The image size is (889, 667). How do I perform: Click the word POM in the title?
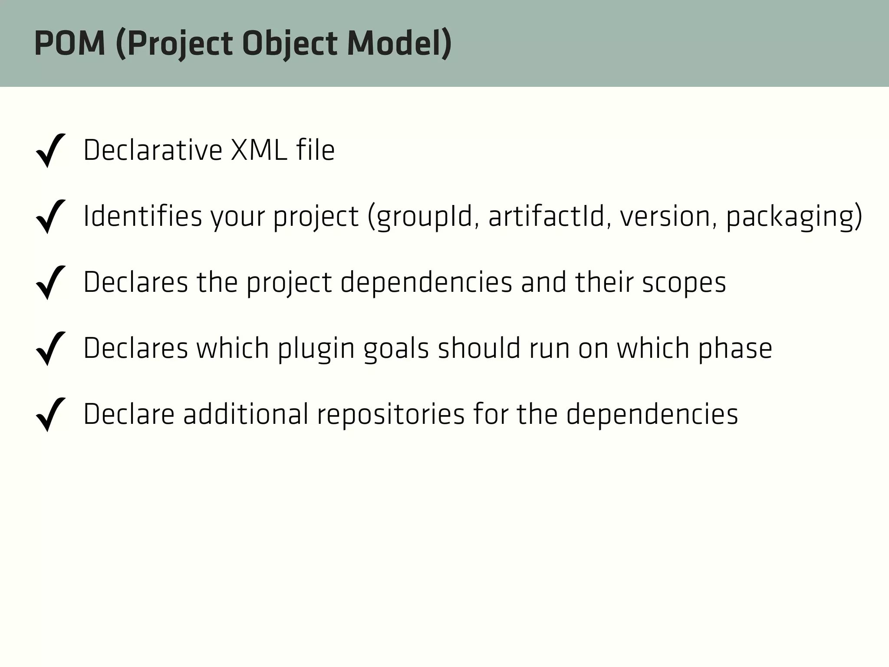coord(70,44)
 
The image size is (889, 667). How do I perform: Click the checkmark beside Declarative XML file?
coord(51,150)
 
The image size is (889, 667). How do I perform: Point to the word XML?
coord(259,150)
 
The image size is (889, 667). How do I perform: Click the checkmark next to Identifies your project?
coord(51,216)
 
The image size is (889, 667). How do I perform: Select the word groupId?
coord(424,216)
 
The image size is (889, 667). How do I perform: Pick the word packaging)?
coord(794,216)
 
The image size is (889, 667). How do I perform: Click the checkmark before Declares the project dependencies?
coord(51,282)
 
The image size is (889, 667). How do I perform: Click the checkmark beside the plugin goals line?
coord(51,348)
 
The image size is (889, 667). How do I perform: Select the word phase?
coord(735,348)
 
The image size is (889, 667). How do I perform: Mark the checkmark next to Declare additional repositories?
coord(51,414)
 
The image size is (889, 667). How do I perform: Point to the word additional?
coord(246,414)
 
